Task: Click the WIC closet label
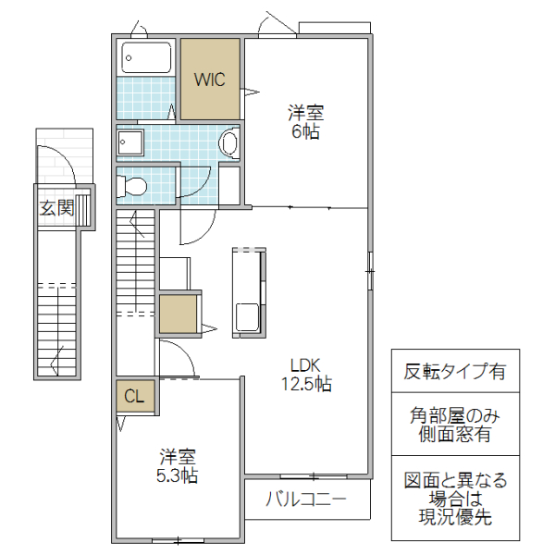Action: (209, 79)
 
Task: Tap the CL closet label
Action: (135, 397)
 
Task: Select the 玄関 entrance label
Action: (55, 208)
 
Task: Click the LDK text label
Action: (304, 364)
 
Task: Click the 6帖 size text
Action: (305, 131)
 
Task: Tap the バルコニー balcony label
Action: (306, 500)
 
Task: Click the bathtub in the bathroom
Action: (147, 58)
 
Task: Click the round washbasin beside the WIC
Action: (228, 143)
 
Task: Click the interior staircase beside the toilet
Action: (134, 264)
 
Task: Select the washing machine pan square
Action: (130, 142)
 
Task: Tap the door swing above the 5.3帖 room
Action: (176, 356)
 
